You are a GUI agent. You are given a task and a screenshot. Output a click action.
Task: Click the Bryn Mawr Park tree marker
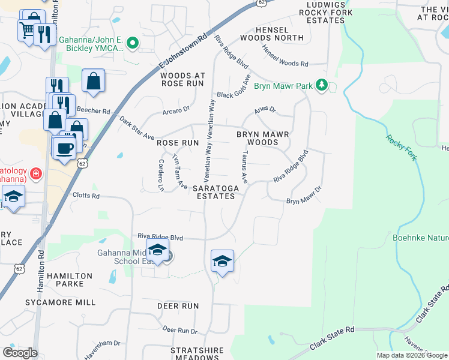pos(322,86)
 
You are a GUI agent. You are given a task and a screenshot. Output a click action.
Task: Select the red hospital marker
pos(36,174)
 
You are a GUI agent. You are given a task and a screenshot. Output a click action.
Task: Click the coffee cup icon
pos(64,148)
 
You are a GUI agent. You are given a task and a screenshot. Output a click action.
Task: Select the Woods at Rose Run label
pos(182,79)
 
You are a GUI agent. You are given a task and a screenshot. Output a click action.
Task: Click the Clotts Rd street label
pos(85,196)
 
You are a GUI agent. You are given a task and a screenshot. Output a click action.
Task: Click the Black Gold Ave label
pos(234,89)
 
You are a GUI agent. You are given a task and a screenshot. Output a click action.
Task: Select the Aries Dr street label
pos(265,110)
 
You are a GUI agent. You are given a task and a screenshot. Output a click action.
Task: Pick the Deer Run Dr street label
pos(179,331)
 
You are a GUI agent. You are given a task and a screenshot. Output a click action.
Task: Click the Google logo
pos(20,353)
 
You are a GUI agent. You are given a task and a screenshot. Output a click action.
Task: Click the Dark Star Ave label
pos(136,128)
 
